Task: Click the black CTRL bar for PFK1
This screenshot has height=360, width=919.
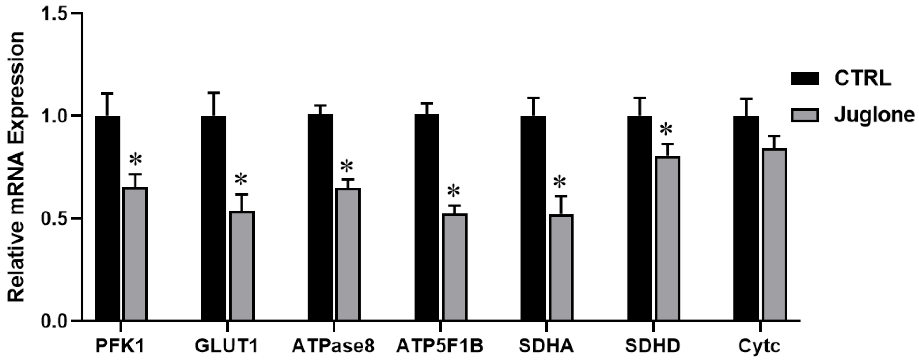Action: click(107, 218)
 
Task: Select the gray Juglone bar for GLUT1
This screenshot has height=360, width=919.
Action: click(241, 266)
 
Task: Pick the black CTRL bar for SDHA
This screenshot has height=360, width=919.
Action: click(533, 218)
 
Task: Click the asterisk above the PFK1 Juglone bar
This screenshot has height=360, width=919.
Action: click(136, 160)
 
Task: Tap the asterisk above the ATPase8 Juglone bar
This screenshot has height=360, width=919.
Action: click(346, 166)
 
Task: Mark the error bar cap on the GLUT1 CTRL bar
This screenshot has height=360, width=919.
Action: click(214, 93)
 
